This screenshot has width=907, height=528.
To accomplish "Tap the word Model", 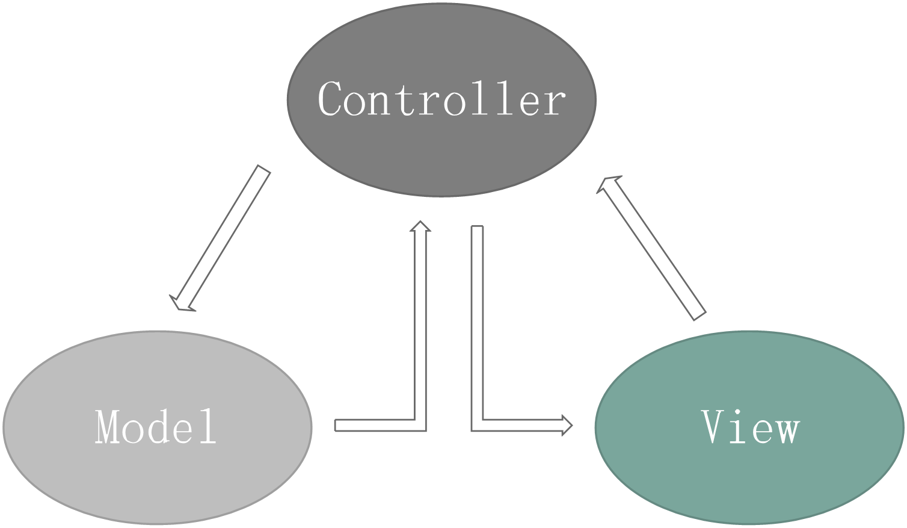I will [x=156, y=426].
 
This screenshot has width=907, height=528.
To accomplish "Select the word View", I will [x=751, y=426].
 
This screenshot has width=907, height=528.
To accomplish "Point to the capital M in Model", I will [x=109, y=426].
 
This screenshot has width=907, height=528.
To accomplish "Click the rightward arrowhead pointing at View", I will [x=565, y=425].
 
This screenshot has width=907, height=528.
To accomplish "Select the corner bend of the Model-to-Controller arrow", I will [x=419, y=424].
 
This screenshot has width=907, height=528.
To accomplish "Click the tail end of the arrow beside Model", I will [x=338, y=426].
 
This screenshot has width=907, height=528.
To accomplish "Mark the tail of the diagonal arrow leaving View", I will [x=698, y=313].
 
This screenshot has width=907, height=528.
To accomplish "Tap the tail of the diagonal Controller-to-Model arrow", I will [x=262, y=172].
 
